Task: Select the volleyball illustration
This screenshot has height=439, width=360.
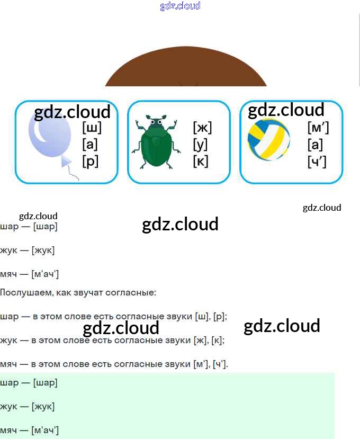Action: tap(269, 140)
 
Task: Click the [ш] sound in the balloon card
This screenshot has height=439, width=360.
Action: tap(92, 128)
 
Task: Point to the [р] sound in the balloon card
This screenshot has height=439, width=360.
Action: tap(91, 161)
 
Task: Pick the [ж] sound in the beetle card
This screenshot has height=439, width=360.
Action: tap(202, 128)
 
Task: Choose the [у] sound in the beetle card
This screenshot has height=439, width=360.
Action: tap(200, 144)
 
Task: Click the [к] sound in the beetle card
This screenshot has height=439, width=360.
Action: tap(200, 161)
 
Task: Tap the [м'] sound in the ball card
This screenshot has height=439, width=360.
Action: tap(317, 128)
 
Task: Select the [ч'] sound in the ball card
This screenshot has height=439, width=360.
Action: tap(317, 161)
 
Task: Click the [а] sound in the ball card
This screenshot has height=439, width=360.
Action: tap(315, 144)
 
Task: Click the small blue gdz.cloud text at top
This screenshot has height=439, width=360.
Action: tap(180, 6)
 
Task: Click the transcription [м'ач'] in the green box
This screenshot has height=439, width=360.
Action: tap(45, 431)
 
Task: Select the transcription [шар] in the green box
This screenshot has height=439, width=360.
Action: tap(45, 382)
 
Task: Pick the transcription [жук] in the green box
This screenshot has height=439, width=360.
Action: tap(43, 407)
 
